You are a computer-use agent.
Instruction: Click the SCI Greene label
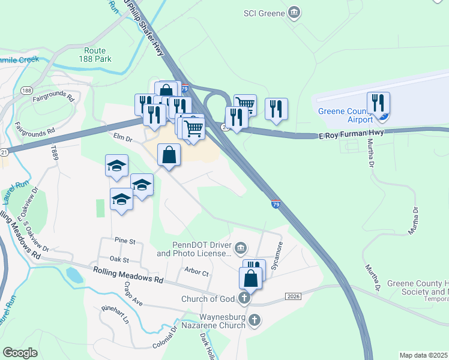click(264, 12)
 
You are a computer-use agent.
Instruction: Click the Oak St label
click(119, 260)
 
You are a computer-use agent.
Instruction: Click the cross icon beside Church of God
click(244, 298)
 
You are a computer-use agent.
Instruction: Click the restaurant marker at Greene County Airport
click(378, 103)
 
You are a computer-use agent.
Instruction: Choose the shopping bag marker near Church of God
click(250, 278)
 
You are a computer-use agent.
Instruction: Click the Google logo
click(20, 353)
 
